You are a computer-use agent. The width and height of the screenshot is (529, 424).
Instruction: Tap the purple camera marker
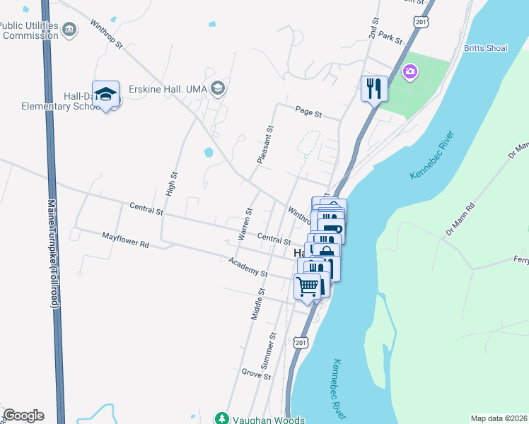tap(409, 71)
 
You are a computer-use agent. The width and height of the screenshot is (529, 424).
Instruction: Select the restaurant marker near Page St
tap(374, 89)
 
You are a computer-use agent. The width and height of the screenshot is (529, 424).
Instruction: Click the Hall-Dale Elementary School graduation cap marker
tap(105, 94)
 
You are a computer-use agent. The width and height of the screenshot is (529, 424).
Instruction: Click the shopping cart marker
tap(308, 286)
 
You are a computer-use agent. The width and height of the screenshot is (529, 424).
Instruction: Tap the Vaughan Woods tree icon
tap(223, 418)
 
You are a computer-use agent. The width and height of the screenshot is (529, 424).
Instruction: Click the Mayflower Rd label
tap(125, 240)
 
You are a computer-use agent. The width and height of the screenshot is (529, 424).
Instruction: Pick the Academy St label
tap(248, 267)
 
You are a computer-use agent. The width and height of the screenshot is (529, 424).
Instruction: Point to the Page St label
tap(308, 112)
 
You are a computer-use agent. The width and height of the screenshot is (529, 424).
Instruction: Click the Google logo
tap(23, 416)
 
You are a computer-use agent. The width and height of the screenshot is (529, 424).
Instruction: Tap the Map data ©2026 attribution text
tap(499, 418)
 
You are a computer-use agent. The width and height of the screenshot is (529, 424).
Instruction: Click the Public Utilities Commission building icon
tap(69, 29)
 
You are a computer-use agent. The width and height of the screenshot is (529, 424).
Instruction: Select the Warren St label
tap(245, 223)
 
